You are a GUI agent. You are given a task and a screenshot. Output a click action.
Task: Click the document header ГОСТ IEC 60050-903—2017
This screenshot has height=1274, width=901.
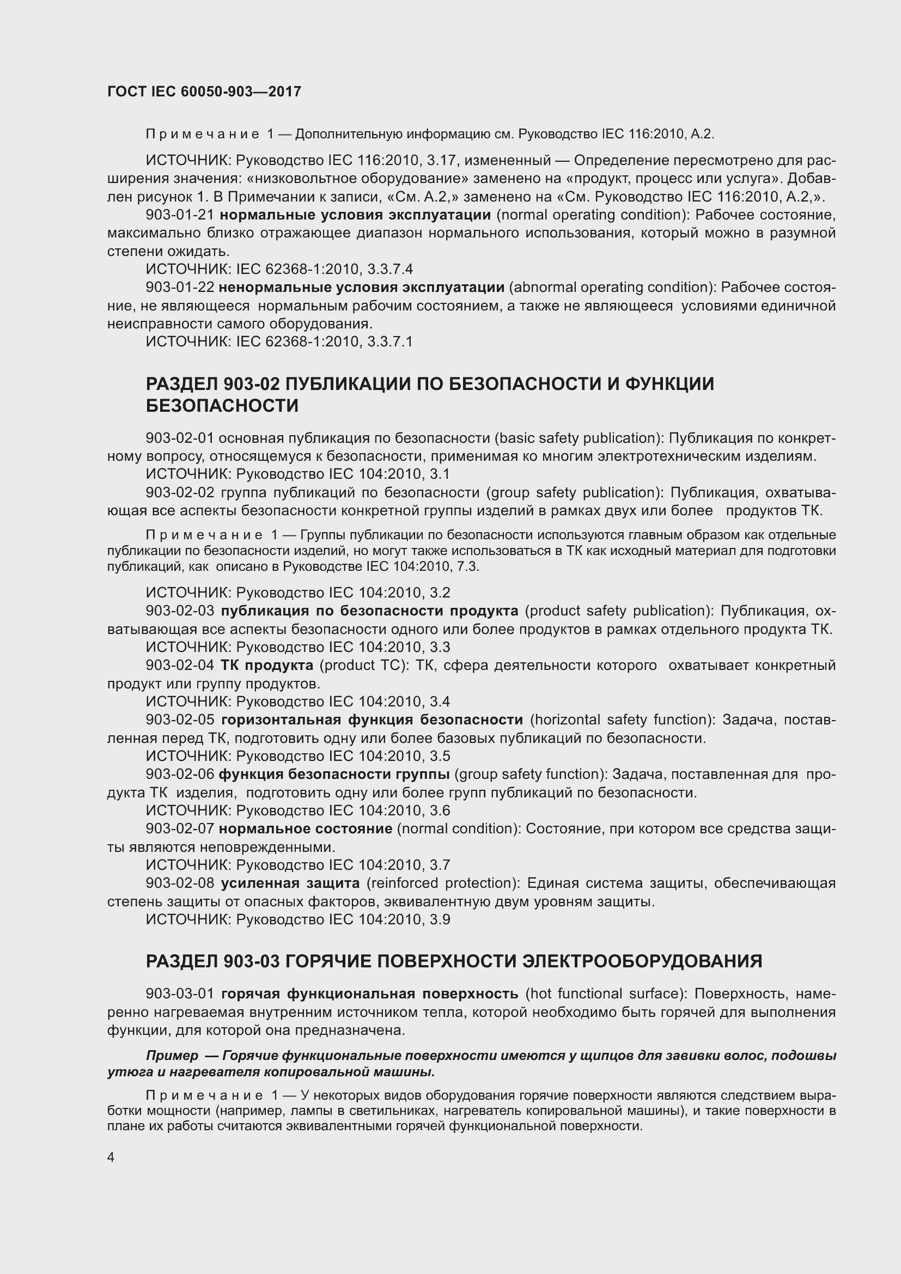coord(204,92)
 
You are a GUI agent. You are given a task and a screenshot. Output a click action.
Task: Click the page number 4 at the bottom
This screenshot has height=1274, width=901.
coord(111,1157)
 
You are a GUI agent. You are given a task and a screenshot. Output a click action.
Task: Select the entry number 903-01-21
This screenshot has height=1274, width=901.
coord(180,215)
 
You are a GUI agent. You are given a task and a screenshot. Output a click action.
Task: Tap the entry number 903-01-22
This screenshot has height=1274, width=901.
coord(180,288)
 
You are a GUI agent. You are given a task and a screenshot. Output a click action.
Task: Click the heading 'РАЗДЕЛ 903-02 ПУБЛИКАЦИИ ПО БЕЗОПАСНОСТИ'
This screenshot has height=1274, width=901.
coord(430,384)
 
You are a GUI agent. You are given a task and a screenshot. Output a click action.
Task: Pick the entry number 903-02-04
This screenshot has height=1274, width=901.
coord(180,665)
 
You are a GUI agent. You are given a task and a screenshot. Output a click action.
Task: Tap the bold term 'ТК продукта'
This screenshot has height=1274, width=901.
coord(267,665)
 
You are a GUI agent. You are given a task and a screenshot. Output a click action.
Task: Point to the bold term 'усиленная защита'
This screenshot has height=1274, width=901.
coord(290,883)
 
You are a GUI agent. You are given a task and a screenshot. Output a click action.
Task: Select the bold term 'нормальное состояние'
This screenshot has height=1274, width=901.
coord(306,828)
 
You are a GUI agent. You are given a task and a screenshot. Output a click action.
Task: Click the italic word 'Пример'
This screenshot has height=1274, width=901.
coord(172,1056)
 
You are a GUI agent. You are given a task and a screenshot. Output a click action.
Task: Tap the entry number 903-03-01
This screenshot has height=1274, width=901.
coord(180,993)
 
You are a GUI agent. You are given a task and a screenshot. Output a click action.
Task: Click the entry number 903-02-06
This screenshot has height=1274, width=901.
coord(180,774)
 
